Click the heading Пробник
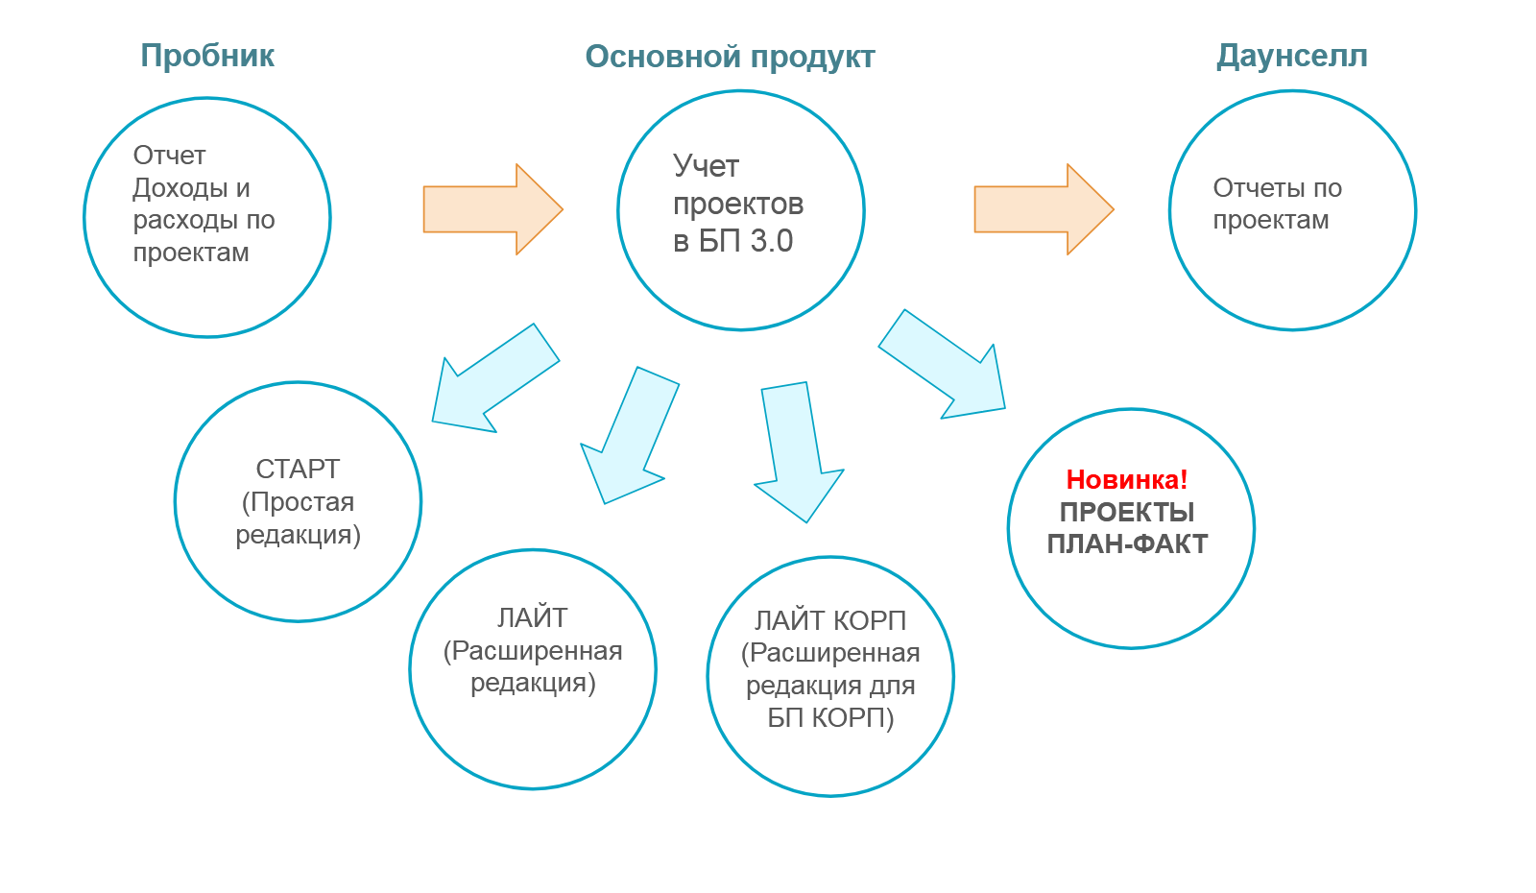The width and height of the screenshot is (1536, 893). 207,56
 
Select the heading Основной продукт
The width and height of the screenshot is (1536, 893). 730,57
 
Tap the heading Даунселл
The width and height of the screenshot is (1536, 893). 1292,56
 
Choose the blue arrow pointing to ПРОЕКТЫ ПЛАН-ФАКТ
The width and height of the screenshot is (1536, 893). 946,365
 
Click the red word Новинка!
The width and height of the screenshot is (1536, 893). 1127,479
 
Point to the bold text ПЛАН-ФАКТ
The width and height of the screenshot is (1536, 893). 1127,544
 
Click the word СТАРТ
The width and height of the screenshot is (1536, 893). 298,469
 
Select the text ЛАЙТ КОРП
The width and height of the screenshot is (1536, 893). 830,620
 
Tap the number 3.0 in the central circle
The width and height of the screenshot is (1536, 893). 772,241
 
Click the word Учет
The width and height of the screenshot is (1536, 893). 706,166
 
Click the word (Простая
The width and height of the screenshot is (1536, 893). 298,501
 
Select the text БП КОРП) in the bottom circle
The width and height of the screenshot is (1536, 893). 830,717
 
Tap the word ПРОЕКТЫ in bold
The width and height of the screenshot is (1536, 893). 1127,512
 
